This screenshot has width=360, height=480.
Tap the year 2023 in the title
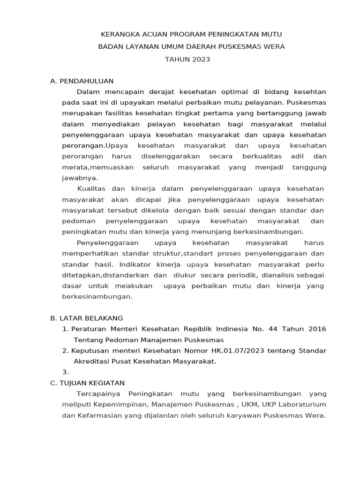(x=200, y=59)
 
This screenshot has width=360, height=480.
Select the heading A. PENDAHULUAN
(x=82, y=81)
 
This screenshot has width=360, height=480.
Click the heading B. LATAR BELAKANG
(x=86, y=318)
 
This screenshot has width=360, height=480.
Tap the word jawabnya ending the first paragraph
(x=80, y=178)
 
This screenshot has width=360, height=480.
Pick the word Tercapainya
(x=98, y=394)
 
